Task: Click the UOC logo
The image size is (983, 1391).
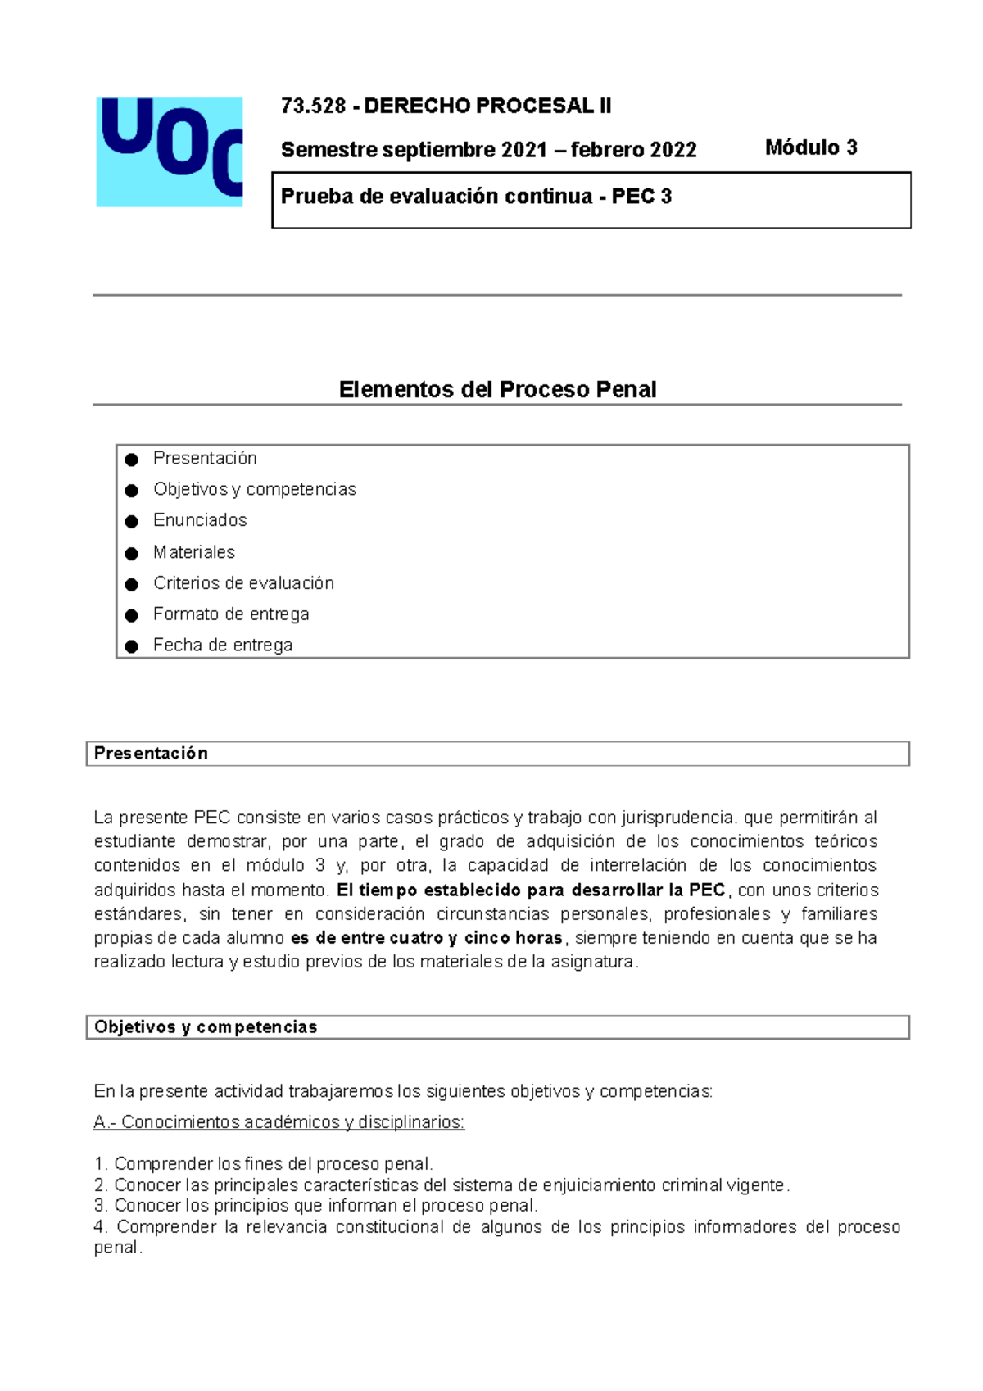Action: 170,152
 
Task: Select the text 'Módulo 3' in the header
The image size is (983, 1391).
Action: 811,147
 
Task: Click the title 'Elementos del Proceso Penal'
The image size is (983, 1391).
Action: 497,389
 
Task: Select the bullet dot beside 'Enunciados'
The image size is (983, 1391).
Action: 131,522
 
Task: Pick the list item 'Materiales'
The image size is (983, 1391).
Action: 194,552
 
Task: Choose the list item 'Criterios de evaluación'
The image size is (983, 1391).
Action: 243,583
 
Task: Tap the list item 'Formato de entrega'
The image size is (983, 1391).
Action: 231,614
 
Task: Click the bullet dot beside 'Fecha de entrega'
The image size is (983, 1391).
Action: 131,646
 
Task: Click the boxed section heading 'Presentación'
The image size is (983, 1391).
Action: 151,754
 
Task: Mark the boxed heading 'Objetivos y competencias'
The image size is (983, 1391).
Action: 206,1027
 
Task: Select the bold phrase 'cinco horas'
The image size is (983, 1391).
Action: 514,938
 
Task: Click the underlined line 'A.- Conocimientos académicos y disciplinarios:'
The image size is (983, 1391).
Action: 279,1122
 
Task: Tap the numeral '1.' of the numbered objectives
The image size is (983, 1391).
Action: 101,1164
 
